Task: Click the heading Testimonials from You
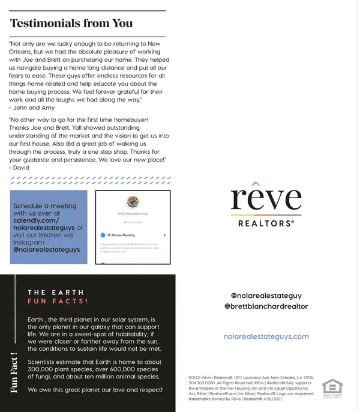(x=71, y=23)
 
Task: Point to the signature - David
(x=20, y=168)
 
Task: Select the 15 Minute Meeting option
(x=122, y=235)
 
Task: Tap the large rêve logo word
(x=266, y=199)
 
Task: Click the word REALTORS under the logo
(x=266, y=223)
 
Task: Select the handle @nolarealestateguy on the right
(x=266, y=295)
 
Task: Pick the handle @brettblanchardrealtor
(x=266, y=306)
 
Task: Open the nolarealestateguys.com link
(x=266, y=336)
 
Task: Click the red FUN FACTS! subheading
(x=58, y=301)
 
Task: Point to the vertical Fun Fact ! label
(x=13, y=374)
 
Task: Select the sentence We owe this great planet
(x=95, y=390)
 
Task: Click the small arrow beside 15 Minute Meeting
(x=164, y=235)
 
